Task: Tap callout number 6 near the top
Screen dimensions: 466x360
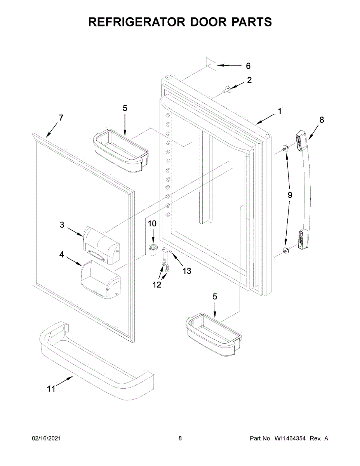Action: click(x=248, y=66)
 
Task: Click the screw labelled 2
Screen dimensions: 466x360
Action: click(x=226, y=90)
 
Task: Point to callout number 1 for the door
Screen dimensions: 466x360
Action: click(x=279, y=111)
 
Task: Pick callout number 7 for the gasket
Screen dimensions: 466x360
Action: click(x=61, y=117)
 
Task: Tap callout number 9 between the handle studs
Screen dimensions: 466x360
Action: click(x=290, y=195)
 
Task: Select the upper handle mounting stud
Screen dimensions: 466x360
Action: click(x=285, y=148)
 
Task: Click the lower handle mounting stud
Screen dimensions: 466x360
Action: click(x=285, y=250)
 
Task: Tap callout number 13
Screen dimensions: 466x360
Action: click(x=187, y=271)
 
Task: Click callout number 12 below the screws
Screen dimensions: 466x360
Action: click(x=157, y=285)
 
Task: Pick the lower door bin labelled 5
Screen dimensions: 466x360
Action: click(x=213, y=334)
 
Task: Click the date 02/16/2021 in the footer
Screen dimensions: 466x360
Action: click(x=46, y=438)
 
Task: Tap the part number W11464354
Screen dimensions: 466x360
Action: click(x=290, y=438)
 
